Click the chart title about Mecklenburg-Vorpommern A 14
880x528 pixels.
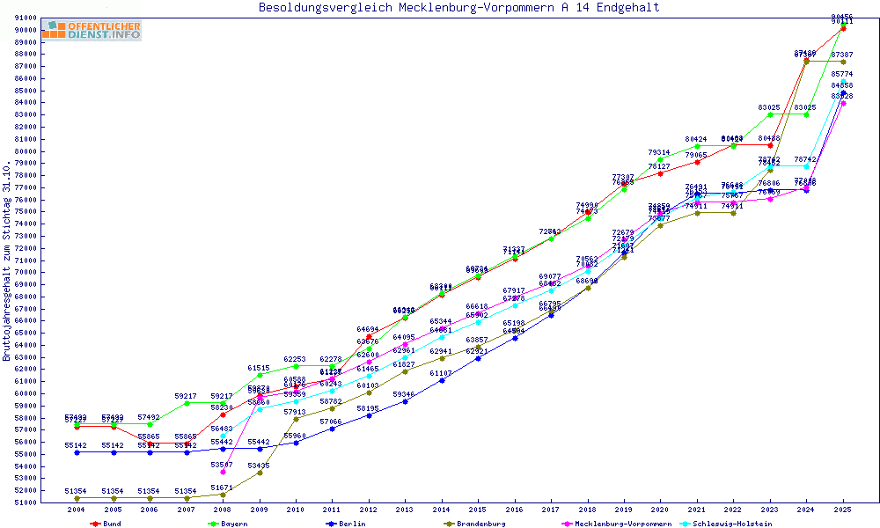(458, 8)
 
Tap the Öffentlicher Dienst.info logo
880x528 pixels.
(92, 30)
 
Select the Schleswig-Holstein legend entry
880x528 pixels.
(737, 523)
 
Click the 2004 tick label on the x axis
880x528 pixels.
(77, 510)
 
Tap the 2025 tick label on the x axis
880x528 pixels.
(843, 510)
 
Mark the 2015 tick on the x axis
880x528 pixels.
(478, 510)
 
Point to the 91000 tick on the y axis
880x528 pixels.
(49, 18)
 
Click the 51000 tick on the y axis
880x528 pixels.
(49, 502)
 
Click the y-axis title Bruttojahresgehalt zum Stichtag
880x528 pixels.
(7, 261)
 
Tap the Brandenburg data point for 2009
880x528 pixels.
(260, 473)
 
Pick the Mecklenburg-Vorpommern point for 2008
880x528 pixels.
(223, 472)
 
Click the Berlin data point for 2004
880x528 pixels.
(77, 452)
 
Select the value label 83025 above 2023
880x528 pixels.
(769, 107)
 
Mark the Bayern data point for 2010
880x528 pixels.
(296, 366)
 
